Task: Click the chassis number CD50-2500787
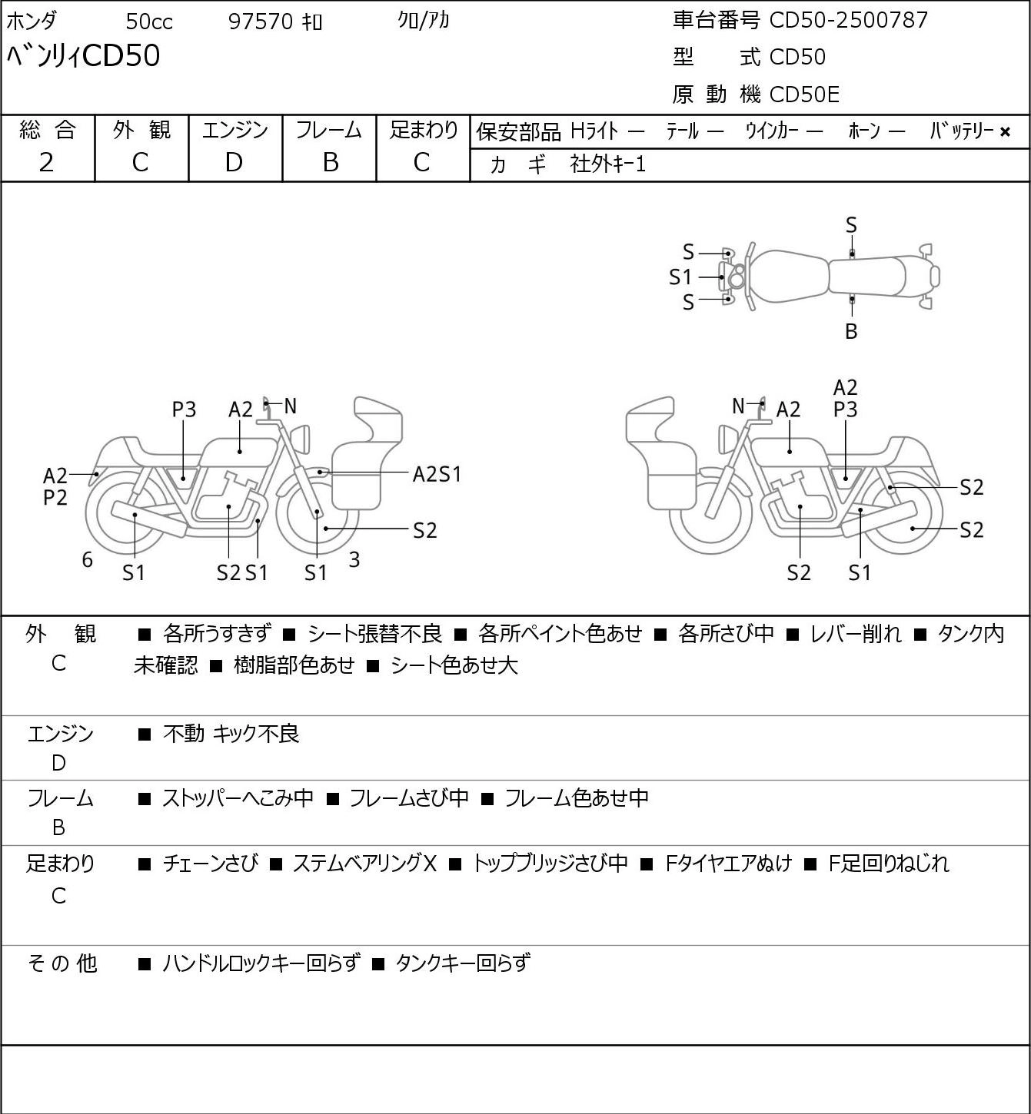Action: pyautogui.click(x=848, y=20)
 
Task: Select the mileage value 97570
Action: pyautogui.click(x=261, y=22)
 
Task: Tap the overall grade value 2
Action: pyautogui.click(x=47, y=163)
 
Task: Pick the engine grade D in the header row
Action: pyautogui.click(x=234, y=163)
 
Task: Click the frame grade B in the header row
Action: pyautogui.click(x=330, y=163)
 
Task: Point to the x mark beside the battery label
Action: pyautogui.click(x=1005, y=132)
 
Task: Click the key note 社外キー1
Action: pyautogui.click(x=607, y=164)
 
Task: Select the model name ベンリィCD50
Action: pyautogui.click(x=83, y=56)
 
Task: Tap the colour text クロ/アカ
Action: pyautogui.click(x=423, y=21)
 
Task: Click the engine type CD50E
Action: pyautogui.click(x=804, y=94)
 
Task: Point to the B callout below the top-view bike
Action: pyautogui.click(x=851, y=331)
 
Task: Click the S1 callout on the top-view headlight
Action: pyautogui.click(x=680, y=277)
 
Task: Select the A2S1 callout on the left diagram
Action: pyautogui.click(x=437, y=475)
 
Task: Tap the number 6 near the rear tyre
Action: pyautogui.click(x=87, y=559)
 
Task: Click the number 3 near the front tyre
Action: pyautogui.click(x=354, y=559)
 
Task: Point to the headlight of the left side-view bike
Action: pyautogui.click(x=303, y=439)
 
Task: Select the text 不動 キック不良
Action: pyautogui.click(x=231, y=734)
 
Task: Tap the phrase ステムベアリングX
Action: pyautogui.click(x=364, y=864)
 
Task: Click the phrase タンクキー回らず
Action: pyautogui.click(x=463, y=963)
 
